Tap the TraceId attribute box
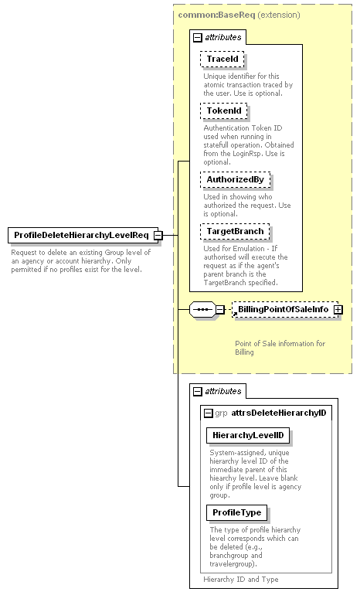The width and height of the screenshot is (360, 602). point(222,60)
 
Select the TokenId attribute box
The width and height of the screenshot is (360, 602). point(224,111)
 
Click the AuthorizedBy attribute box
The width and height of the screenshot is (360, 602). point(236,180)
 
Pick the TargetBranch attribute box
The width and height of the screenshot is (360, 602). point(235,232)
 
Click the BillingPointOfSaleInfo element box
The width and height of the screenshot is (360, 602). point(285,309)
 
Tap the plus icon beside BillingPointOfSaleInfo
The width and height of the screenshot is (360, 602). point(338,309)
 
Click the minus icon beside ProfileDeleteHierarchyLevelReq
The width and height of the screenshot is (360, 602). point(158,235)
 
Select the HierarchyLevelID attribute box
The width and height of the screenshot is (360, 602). point(248,435)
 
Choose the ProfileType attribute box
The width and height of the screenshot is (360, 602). point(237,512)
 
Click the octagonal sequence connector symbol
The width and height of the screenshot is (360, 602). point(202,309)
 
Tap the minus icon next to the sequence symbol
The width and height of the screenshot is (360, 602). point(220,309)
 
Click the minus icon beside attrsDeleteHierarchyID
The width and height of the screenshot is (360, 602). point(208,413)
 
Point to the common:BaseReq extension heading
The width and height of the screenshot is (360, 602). point(239,15)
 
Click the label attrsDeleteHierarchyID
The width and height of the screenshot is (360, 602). point(279,413)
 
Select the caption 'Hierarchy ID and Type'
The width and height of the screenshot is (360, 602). point(241,580)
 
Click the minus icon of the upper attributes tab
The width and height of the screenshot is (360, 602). point(197,37)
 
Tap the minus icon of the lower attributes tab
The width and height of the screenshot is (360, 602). point(197,391)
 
